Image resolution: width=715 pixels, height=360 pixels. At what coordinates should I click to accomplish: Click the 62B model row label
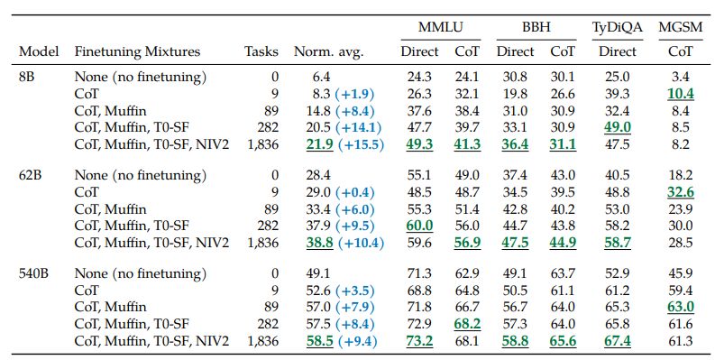pos(32,174)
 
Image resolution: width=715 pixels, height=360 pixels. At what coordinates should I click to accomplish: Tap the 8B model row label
pos(29,77)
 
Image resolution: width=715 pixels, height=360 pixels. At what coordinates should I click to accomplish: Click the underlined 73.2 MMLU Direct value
pos(419,340)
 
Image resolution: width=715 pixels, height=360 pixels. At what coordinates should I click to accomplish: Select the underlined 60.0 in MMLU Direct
pos(419,226)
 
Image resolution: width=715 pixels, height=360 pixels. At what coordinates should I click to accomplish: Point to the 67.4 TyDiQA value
pos(617,340)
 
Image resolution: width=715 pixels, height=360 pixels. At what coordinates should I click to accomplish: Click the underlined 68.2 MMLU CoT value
pos(467,323)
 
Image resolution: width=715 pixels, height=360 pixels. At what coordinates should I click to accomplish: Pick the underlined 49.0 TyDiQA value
pos(617,127)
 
